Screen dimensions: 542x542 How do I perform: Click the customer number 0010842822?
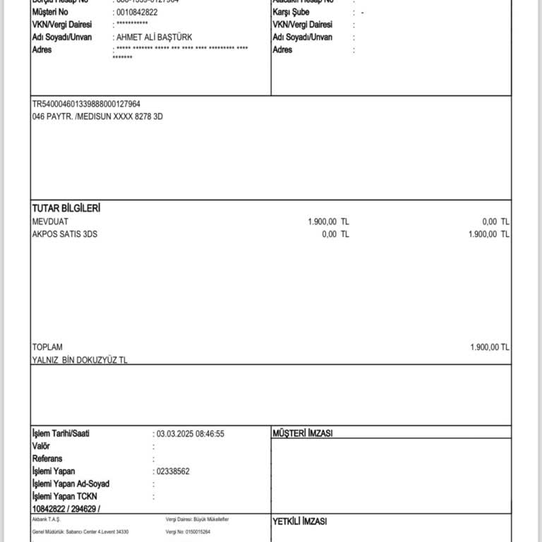tap(137, 13)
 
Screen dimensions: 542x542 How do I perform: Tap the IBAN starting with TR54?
tap(86, 104)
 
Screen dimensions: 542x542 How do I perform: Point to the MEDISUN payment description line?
tap(97, 116)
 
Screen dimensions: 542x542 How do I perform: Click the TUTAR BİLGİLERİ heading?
tap(66, 209)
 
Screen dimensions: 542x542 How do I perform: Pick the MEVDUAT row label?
tap(50, 222)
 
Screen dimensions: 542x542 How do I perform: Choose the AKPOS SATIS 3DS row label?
tap(65, 234)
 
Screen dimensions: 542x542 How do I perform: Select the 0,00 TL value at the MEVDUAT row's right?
tap(495, 222)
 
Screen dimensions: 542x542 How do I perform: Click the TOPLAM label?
tap(47, 347)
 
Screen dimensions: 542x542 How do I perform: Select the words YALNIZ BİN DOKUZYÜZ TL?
tap(80, 360)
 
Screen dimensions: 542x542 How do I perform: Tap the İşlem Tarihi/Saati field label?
tap(61, 433)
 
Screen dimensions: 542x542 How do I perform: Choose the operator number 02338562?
tap(173, 471)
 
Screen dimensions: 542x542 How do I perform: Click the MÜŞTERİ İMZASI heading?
tap(303, 433)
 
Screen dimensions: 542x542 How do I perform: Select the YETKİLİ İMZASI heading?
tap(300, 522)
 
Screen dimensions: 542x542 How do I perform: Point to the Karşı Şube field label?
tap(292, 13)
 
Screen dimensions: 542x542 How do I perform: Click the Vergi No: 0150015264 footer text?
tap(188, 531)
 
